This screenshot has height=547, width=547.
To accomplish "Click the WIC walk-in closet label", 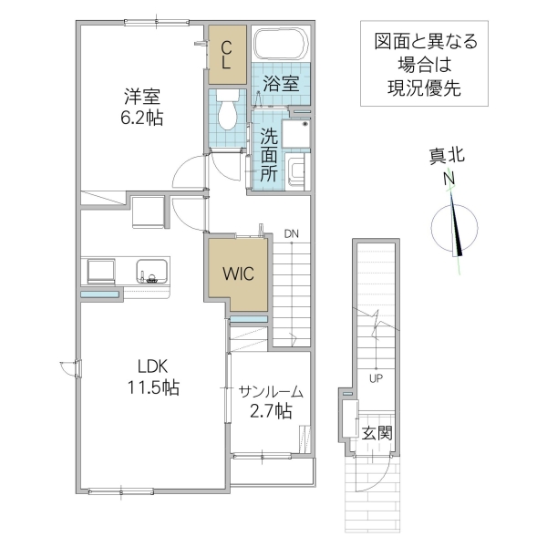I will point(240,272).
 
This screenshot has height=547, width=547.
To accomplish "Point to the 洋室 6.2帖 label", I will point(141,105).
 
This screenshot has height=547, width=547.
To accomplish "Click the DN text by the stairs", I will point(291,234).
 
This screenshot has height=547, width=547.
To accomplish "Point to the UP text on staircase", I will point(375,377).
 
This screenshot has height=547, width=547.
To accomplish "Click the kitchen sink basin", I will point(151,271).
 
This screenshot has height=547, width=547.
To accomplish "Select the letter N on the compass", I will point(449,180).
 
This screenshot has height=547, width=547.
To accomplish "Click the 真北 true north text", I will point(448,156).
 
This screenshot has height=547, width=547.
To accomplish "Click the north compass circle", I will point(453,228).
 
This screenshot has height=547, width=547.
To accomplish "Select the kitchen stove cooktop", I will point(100,271).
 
